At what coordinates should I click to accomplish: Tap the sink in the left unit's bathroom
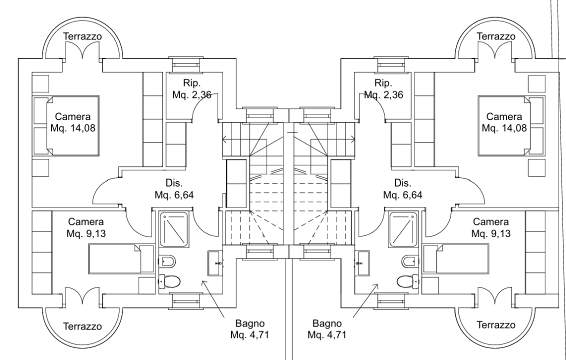pos(215,263)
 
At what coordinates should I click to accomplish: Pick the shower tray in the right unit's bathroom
pos(403,229)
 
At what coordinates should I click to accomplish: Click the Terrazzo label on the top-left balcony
pos(82,36)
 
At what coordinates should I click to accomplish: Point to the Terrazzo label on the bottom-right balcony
pos(496,325)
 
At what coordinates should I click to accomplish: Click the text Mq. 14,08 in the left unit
pos(73,128)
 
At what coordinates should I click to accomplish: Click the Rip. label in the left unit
pos(191,83)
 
